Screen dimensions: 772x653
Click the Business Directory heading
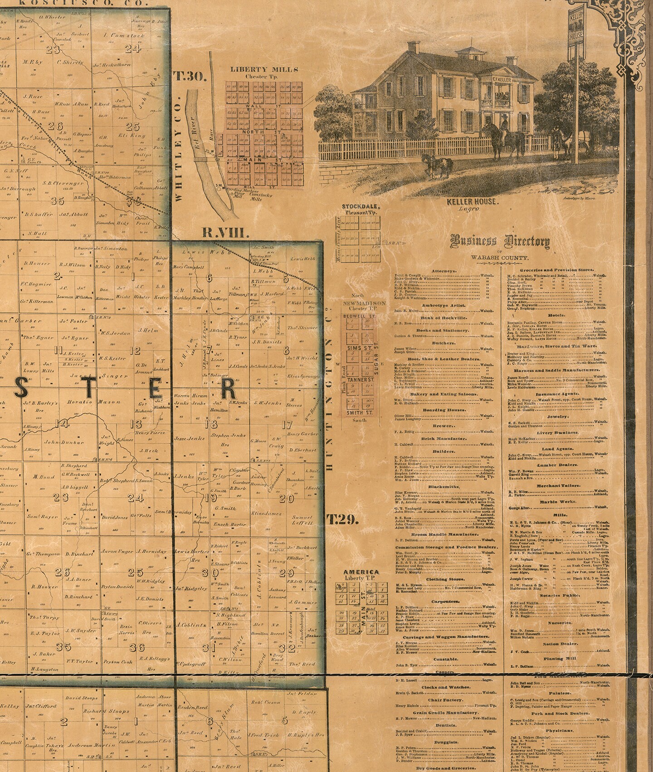click(500, 242)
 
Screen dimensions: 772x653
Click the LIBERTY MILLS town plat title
click(264, 69)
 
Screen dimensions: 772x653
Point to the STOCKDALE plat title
click(361, 207)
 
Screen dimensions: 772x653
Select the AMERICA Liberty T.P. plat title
click(361, 572)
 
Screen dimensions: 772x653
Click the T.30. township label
click(190, 76)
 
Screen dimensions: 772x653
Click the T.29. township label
click(343, 520)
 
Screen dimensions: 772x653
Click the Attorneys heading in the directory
click(443, 271)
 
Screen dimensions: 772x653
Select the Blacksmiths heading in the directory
click(443, 486)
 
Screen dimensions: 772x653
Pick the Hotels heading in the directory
click(556, 315)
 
